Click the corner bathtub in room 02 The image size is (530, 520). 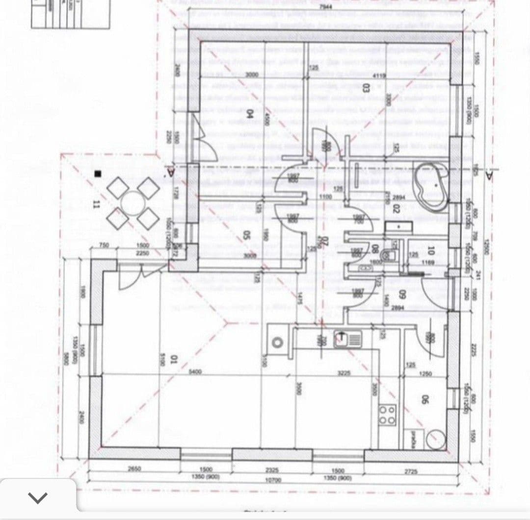430,182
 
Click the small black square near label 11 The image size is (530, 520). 98,173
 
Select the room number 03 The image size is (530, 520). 365,88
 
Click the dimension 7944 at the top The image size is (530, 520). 325,7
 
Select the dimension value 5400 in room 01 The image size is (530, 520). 195,372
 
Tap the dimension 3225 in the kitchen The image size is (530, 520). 343,372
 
